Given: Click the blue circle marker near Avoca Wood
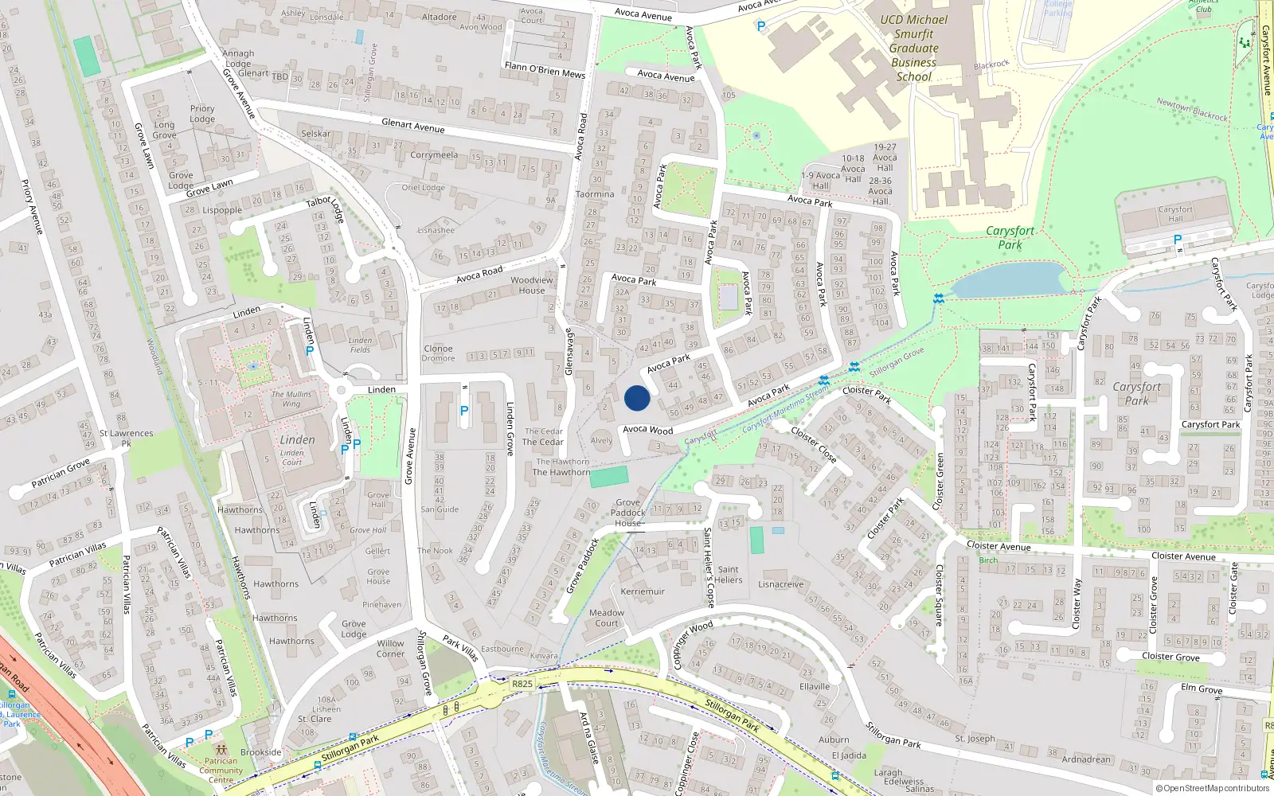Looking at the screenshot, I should point(637,398).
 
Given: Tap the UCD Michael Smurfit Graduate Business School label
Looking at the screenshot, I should point(913,49).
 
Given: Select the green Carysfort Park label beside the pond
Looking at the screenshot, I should point(1010,237).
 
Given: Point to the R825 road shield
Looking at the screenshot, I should point(522,684).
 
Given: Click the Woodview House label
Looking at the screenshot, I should point(532,285).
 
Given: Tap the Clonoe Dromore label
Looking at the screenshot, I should point(438,353).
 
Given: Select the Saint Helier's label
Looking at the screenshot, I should point(729,575).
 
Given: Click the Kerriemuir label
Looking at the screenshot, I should point(643,591).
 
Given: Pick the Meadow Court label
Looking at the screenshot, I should point(607,618).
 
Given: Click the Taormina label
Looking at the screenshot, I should point(595,194).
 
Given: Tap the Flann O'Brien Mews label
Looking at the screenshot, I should point(545,70).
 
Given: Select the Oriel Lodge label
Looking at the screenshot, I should point(423,188).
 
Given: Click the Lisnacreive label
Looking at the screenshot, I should point(780,584).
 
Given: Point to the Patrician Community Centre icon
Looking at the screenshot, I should point(221,750).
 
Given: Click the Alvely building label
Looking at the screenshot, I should point(601,440).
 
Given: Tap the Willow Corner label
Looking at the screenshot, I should point(390,649).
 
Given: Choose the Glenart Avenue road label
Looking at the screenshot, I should point(412,124).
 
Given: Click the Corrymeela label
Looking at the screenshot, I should point(434,155).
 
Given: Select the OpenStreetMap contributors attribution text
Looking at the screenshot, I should point(1212,789).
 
